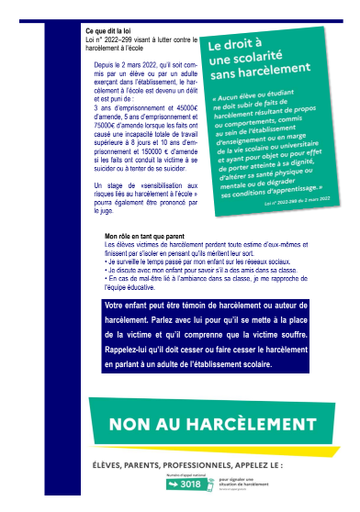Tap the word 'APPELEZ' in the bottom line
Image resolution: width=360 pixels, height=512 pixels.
point(262,464)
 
